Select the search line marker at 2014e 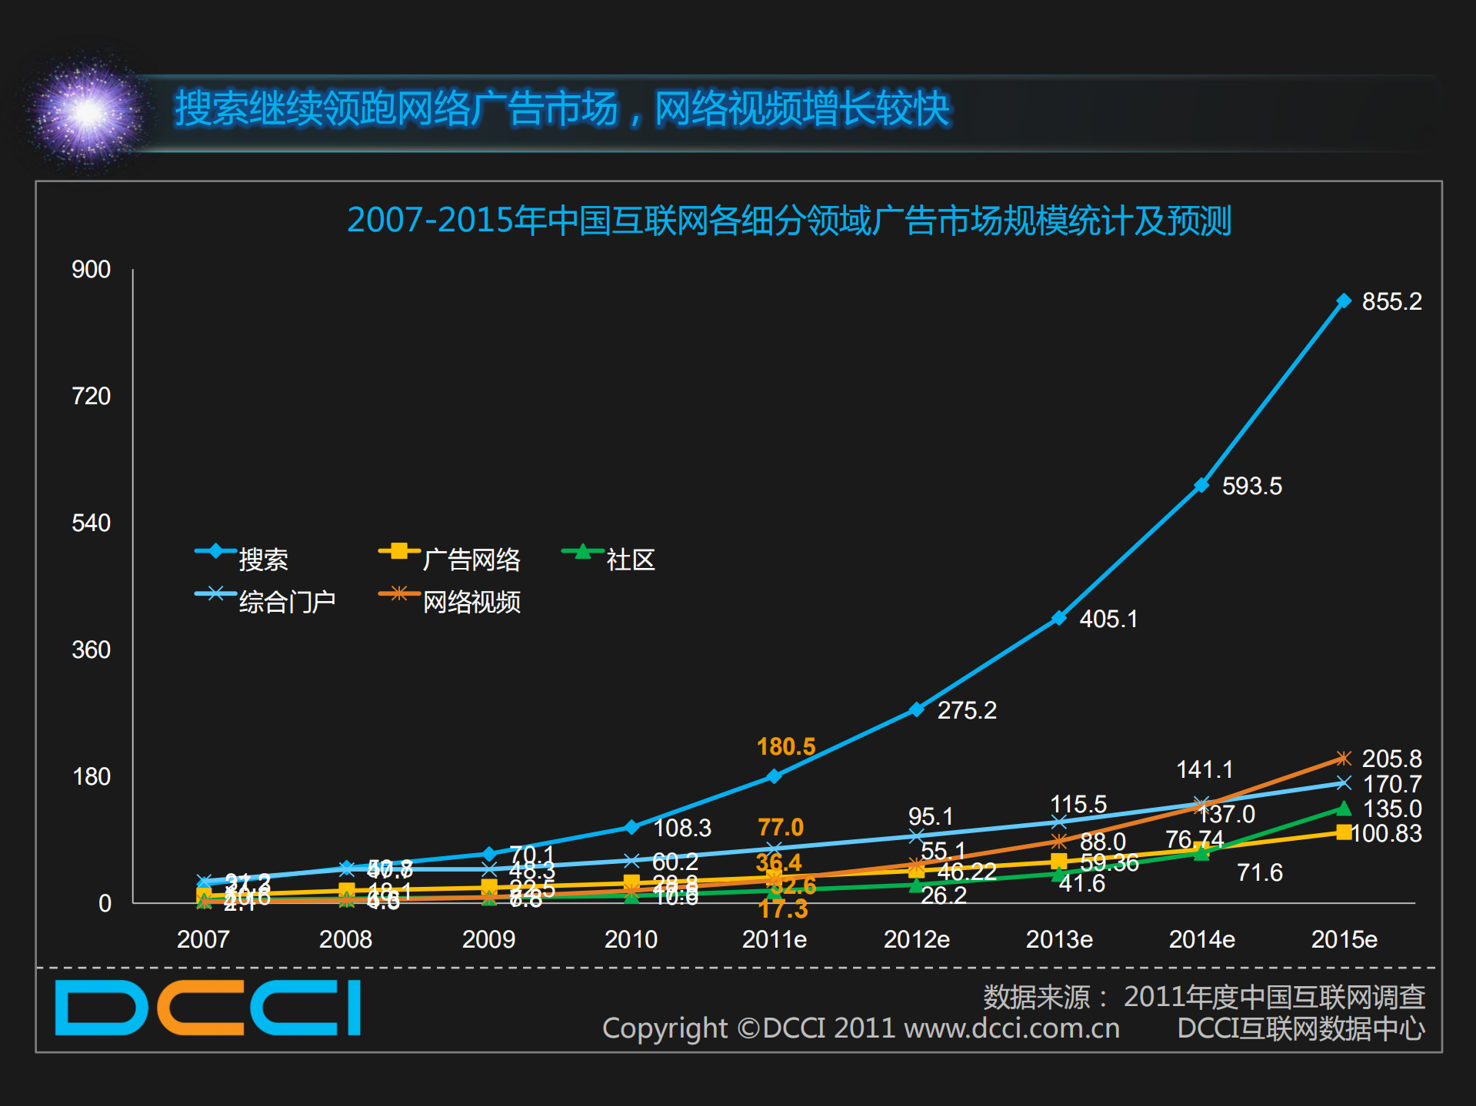click(1201, 486)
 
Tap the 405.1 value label click(1108, 619)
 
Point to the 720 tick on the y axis click(91, 396)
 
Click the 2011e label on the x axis click(774, 939)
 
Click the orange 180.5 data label click(785, 746)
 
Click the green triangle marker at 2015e click(1343, 808)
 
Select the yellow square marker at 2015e click(1343, 832)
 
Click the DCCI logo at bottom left click(208, 1008)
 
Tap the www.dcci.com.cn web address click(1011, 1028)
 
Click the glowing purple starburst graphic click(87, 113)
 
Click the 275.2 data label click(966, 710)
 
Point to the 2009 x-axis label click(488, 939)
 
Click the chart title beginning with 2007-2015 click(788, 221)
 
